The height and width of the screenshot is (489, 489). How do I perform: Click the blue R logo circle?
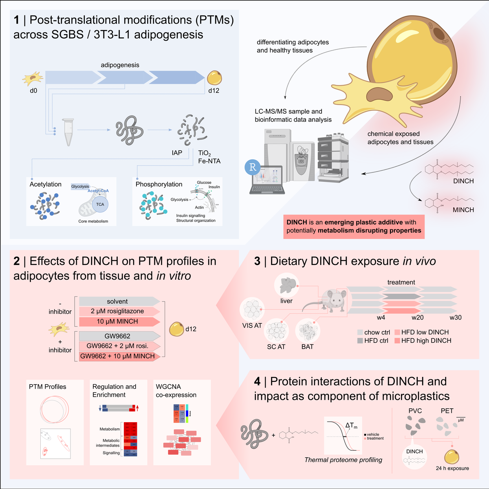tap(253, 167)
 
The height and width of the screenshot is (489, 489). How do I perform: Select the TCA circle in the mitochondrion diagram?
tap(100, 204)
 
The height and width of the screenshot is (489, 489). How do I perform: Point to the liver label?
tap(286, 301)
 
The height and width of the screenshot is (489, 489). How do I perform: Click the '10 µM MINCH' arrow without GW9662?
tap(118, 322)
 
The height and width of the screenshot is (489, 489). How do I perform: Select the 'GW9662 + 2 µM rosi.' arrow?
tap(118, 346)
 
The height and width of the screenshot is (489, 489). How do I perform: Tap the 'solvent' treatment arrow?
tap(118, 302)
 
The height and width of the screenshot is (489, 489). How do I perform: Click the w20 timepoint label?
tap(418, 317)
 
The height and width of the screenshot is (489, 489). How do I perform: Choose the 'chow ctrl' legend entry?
tap(374, 333)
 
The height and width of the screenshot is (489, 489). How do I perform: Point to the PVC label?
tap(415, 411)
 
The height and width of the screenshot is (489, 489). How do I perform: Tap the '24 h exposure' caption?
tap(452, 468)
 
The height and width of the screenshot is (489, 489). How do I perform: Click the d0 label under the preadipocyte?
tap(33, 91)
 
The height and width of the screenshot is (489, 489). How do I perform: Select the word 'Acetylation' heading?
tap(46, 184)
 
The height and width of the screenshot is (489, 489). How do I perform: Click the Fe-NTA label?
tap(209, 161)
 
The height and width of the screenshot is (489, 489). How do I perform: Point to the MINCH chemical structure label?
tap(463, 210)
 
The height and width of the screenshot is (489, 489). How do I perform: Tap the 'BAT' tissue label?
tap(307, 346)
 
